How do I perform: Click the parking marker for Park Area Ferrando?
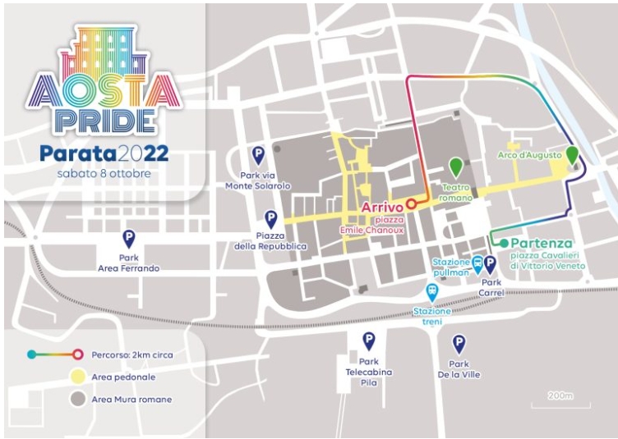[x=129, y=238]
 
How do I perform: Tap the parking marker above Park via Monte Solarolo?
[x=258, y=154]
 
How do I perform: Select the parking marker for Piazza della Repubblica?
[x=271, y=218]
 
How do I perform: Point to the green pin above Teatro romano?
[x=455, y=164]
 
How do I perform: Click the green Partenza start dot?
[x=504, y=243]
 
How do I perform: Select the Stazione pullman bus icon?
[x=477, y=263]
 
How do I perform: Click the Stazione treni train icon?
[x=431, y=291]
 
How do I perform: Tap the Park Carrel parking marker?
[x=490, y=263]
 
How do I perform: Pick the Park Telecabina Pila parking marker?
[x=369, y=339]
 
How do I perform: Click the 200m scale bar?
[x=565, y=403]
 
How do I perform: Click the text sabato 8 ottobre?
[x=104, y=173]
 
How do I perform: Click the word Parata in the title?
[x=77, y=153]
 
